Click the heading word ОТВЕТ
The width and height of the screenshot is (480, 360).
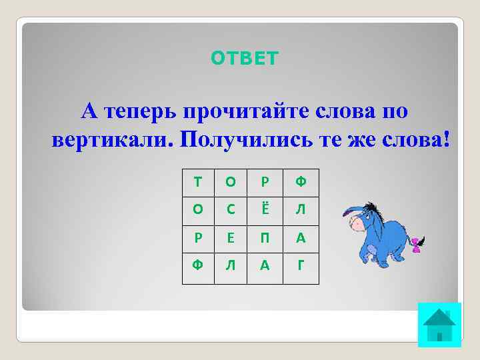(245, 59)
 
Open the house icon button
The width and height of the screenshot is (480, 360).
(439, 325)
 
